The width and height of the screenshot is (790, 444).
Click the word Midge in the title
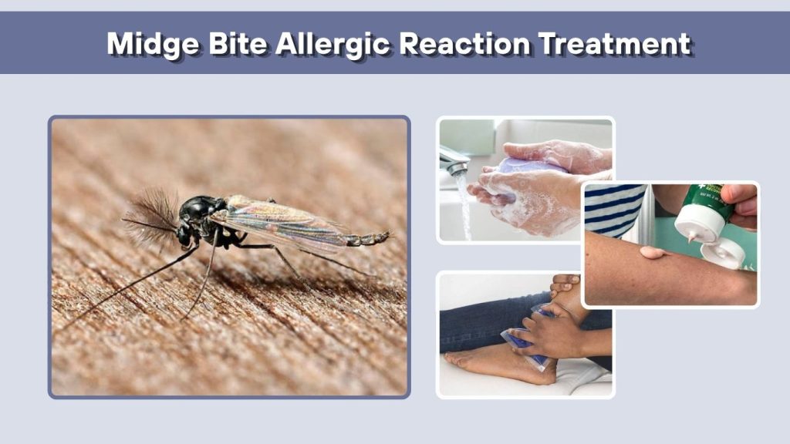[x=154, y=44]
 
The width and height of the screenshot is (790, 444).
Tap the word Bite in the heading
[x=238, y=43]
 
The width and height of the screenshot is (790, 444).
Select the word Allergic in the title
[x=333, y=44]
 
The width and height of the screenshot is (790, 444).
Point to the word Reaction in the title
[x=464, y=43]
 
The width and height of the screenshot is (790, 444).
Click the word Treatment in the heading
[x=615, y=43]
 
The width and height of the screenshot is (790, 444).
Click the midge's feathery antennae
[x=150, y=217]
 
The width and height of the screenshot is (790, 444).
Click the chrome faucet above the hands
[x=454, y=160]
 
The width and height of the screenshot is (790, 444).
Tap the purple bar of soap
[x=524, y=166]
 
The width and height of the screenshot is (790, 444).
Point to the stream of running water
[x=464, y=207]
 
